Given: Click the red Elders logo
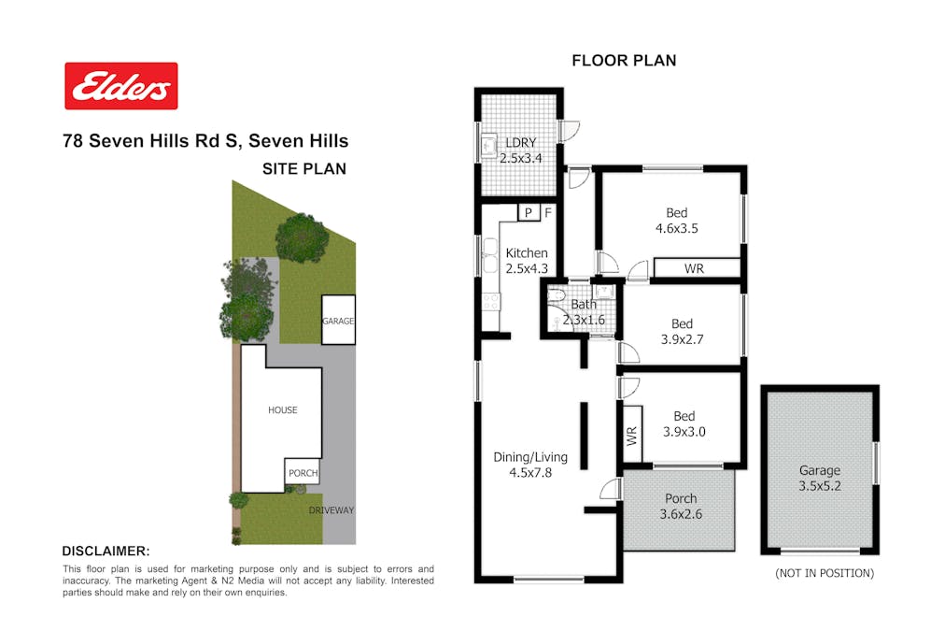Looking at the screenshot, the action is [121, 86].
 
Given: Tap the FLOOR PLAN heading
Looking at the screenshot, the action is [624, 61].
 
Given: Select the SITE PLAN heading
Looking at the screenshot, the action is [304, 169].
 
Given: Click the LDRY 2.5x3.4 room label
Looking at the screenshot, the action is [521, 151].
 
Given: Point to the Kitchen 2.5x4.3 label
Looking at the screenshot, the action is [527, 261].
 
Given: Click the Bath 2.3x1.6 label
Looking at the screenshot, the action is [584, 312].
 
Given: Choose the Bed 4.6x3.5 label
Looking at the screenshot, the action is [677, 221].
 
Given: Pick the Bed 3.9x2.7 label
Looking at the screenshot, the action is [683, 331].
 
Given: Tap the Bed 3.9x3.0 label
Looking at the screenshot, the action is [684, 423].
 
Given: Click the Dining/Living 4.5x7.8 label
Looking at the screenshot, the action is [530, 465].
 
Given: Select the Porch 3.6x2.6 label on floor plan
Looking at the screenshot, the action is [681, 506].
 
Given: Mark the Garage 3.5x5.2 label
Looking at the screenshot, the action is [820, 478].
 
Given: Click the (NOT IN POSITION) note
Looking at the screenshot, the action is [825, 573].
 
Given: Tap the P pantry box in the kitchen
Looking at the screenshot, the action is [529, 212].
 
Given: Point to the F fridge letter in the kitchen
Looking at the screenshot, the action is [548, 212].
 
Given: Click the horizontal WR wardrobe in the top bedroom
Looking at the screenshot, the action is [697, 267].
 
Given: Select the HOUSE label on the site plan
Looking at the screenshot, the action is [283, 410].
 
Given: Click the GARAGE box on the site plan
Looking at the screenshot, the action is [338, 320].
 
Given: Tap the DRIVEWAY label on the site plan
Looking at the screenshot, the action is [331, 510].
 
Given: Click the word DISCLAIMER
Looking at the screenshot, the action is [106, 552].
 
